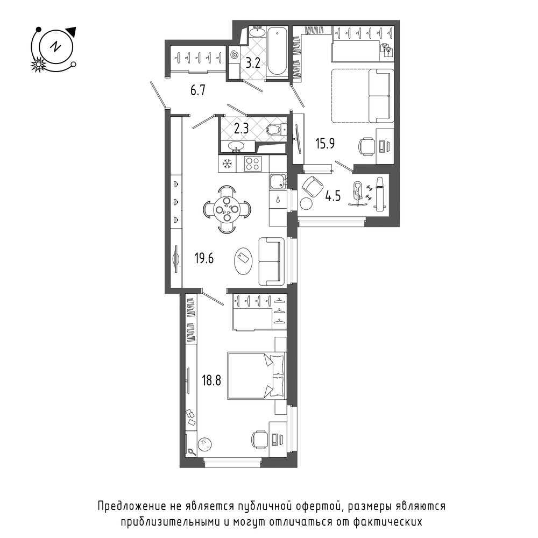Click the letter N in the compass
[55, 47]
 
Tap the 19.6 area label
[204, 258]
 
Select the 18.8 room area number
[211, 380]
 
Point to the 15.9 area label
[325, 144]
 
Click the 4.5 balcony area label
[333, 196]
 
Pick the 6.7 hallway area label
[198, 90]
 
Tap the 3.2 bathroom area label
[253, 63]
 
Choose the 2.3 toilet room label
[241, 129]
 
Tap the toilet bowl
[276, 130]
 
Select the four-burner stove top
[253, 164]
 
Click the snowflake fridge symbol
[227, 164]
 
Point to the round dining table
[227, 209]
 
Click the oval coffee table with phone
[243, 260]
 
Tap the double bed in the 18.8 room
[257, 376]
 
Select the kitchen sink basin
[277, 182]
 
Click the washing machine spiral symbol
[235, 55]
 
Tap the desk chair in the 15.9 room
[366, 147]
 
